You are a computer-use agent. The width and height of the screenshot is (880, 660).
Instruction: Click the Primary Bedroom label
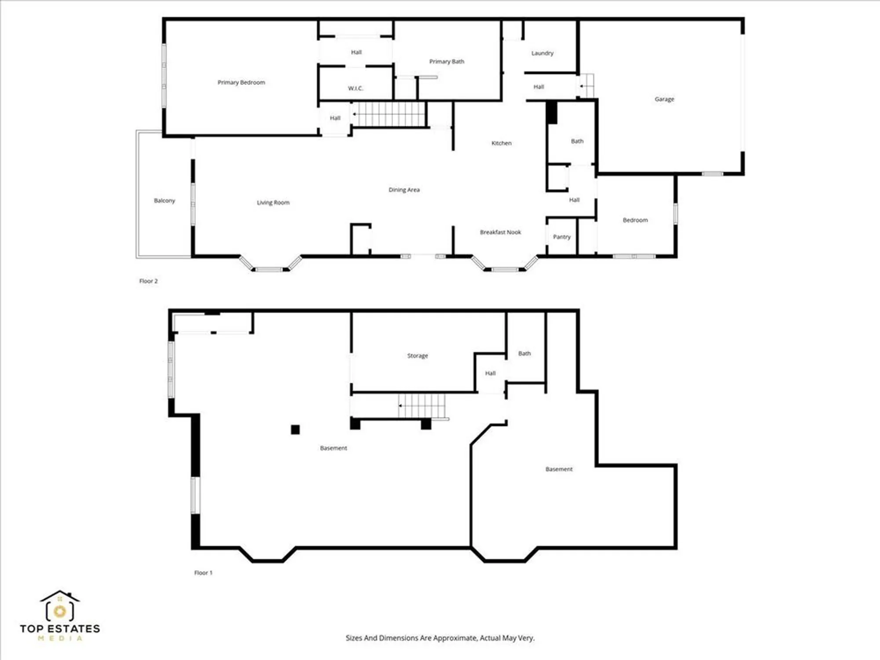coord(241,82)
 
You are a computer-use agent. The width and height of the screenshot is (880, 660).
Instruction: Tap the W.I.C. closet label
coord(356,88)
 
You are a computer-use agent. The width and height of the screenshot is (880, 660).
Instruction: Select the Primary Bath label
coord(447,62)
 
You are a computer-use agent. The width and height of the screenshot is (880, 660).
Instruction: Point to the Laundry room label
coord(542,53)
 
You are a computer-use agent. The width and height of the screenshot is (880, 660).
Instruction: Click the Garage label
coord(664,99)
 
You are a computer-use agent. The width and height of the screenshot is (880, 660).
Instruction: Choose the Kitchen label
coord(501,143)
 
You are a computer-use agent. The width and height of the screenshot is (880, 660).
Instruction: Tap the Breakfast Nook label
coord(500,232)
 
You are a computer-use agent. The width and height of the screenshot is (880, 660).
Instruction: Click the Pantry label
coord(561,237)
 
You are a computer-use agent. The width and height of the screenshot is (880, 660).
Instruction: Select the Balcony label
coord(164,201)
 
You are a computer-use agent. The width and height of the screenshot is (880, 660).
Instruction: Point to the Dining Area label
coord(404,190)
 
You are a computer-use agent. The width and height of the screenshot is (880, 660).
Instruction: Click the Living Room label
coord(273,203)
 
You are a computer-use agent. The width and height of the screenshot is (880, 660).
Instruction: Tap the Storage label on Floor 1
coord(417,356)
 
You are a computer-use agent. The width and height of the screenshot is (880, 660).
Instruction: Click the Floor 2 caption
coord(148,281)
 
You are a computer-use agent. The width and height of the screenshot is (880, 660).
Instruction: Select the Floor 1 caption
coord(203,573)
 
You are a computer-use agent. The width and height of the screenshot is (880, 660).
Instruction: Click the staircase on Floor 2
coord(389,114)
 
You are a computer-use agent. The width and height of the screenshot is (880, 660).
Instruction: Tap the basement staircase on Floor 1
coord(422,406)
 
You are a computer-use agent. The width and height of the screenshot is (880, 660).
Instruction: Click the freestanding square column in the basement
coord(295,429)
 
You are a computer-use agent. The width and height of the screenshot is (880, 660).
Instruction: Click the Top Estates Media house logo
coord(60,607)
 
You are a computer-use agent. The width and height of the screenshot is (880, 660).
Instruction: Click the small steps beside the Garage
coord(587,86)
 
